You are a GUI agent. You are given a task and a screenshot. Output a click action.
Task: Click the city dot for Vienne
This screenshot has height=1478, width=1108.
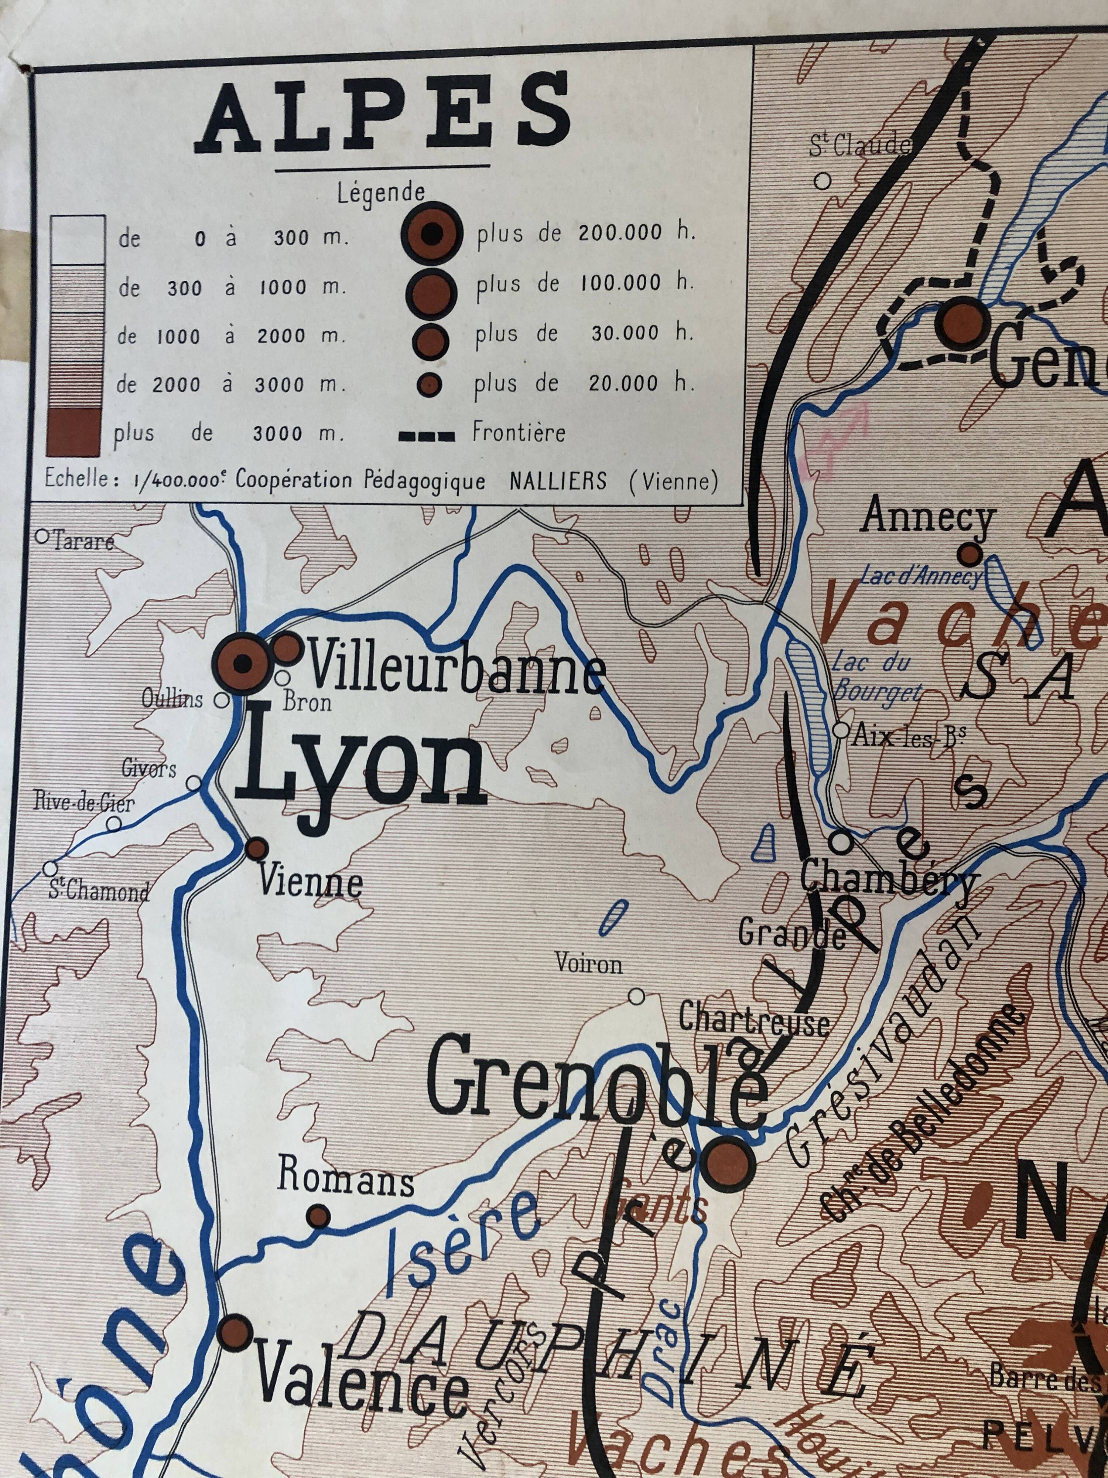click(x=256, y=849)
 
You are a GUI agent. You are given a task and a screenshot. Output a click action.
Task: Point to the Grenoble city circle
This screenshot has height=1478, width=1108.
click(x=728, y=1164)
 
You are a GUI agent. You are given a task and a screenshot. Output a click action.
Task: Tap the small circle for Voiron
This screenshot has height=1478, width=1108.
click(x=636, y=1015)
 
